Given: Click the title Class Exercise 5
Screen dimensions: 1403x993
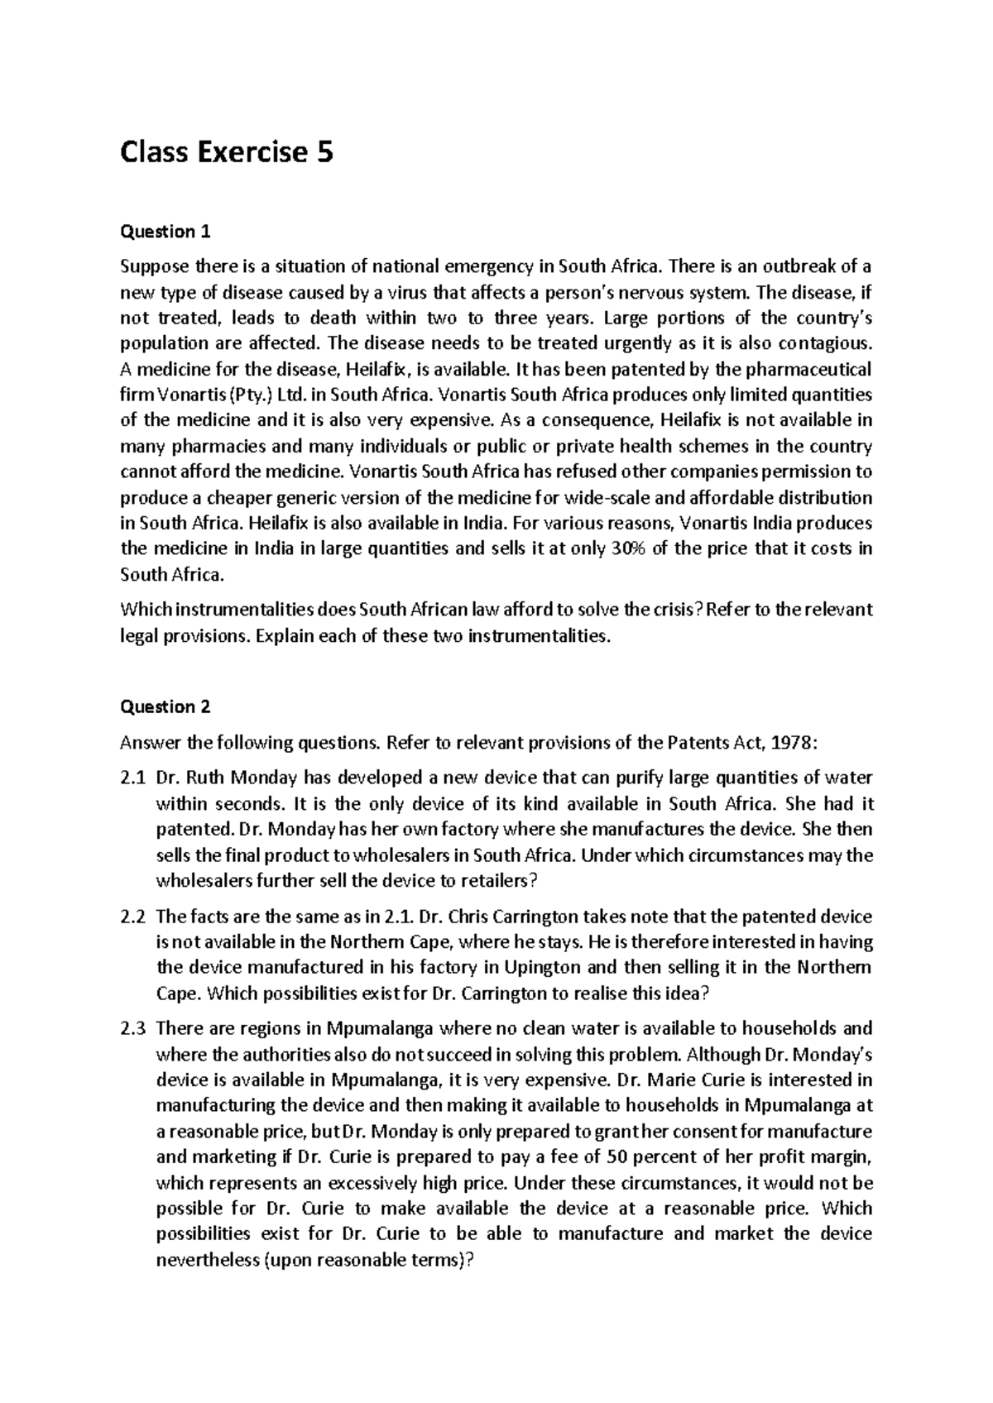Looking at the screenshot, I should (x=227, y=152).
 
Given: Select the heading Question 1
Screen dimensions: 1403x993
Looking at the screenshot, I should (x=165, y=232).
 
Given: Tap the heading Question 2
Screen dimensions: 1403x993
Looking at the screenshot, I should (x=165, y=706).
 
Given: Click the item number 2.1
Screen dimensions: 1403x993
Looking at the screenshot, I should (x=132, y=778).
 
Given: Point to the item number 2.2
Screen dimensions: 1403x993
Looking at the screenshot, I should (x=132, y=917).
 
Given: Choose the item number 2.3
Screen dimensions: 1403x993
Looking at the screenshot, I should (x=132, y=1029).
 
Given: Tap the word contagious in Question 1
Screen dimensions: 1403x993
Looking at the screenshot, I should (x=827, y=343).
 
